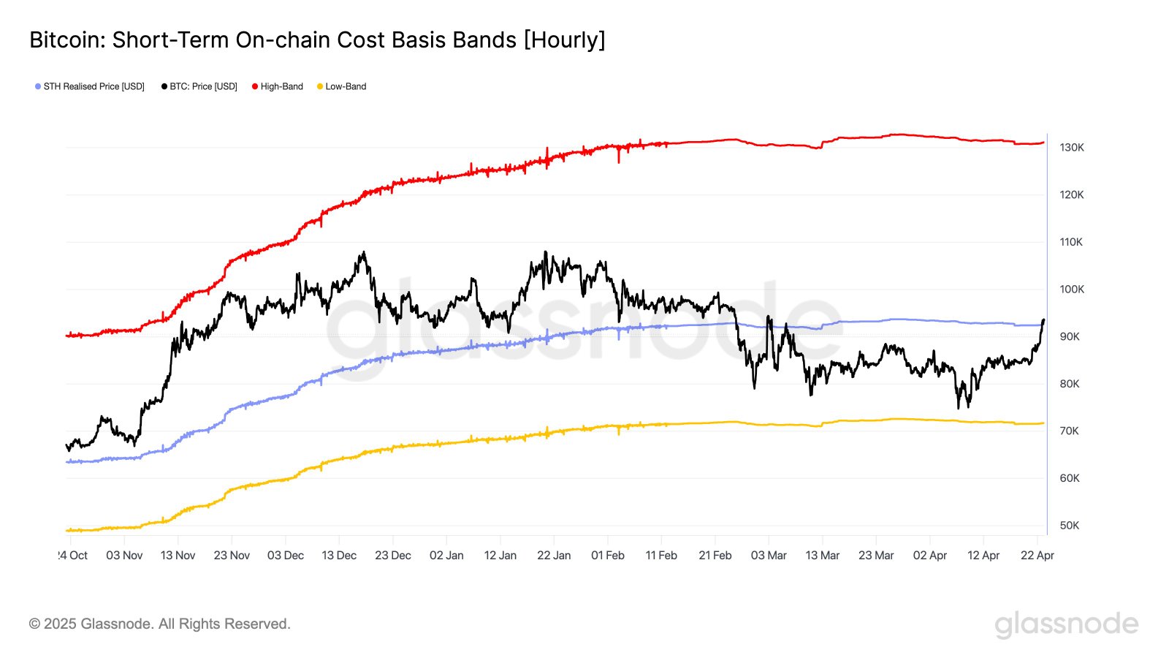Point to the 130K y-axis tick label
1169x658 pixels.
point(1072,148)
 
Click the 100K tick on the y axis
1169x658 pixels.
point(1072,290)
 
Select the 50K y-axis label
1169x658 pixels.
point(1069,526)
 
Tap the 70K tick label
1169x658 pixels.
point(1069,431)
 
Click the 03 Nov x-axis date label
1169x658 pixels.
point(124,556)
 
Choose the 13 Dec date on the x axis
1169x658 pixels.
point(339,556)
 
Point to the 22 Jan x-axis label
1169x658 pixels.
point(554,556)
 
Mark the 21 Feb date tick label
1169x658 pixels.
point(715,556)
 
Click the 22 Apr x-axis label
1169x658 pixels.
point(1037,556)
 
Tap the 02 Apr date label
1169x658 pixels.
point(929,556)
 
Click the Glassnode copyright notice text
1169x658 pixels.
point(159,624)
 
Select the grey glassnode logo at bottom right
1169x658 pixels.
point(1066,624)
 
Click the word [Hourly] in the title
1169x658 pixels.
point(564,39)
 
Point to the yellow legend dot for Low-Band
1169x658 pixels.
point(319,86)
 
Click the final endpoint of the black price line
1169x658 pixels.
point(1043,319)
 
